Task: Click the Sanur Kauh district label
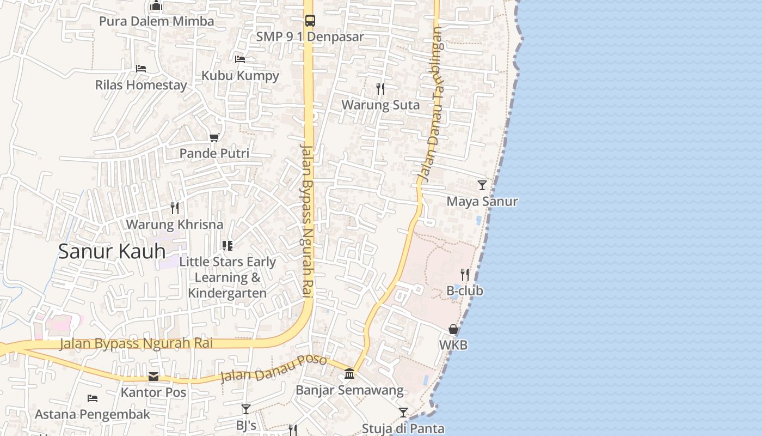click(x=112, y=251)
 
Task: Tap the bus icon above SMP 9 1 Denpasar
click(x=310, y=21)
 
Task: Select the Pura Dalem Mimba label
click(x=156, y=22)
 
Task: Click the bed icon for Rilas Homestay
click(x=141, y=69)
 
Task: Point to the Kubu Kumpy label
click(x=240, y=76)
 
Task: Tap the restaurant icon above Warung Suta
click(x=380, y=88)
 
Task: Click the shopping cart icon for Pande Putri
click(x=214, y=137)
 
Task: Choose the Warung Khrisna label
click(x=175, y=225)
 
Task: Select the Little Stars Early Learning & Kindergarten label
click(x=228, y=277)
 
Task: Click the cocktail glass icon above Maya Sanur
click(x=482, y=185)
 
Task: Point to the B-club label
click(x=465, y=291)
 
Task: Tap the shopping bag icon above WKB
click(x=453, y=329)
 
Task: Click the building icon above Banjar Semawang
click(x=349, y=374)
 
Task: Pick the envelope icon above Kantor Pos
click(x=153, y=377)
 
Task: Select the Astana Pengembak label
click(x=93, y=414)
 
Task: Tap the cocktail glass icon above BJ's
click(x=246, y=409)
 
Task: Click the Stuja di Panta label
click(x=403, y=428)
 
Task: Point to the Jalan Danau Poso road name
click(x=273, y=369)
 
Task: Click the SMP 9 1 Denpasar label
click(x=310, y=37)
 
